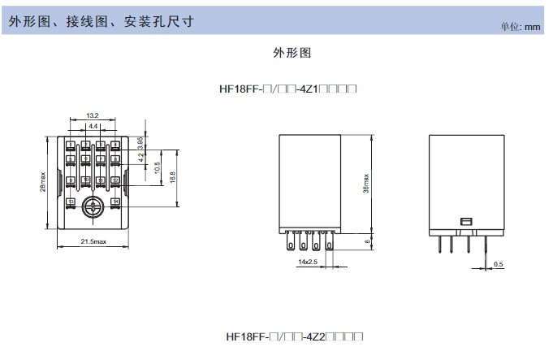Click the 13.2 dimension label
pyautogui.click(x=92, y=115)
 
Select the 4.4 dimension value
pyautogui.click(x=93, y=127)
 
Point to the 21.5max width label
pyautogui.click(x=93, y=242)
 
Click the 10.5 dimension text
pyautogui.click(x=156, y=167)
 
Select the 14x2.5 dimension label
pyautogui.click(x=308, y=261)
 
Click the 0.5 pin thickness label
pyautogui.click(x=498, y=263)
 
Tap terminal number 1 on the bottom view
pyautogui.click(x=71, y=145)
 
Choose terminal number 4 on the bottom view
pyautogui.click(x=115, y=145)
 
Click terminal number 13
pyautogui.click(x=71, y=201)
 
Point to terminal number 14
pyautogui.click(x=115, y=201)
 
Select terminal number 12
pyautogui.click(x=115, y=180)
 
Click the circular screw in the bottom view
pyautogui.click(x=93, y=208)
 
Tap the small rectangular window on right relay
pyautogui.click(x=465, y=220)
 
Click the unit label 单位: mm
pyautogui.click(x=520, y=27)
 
